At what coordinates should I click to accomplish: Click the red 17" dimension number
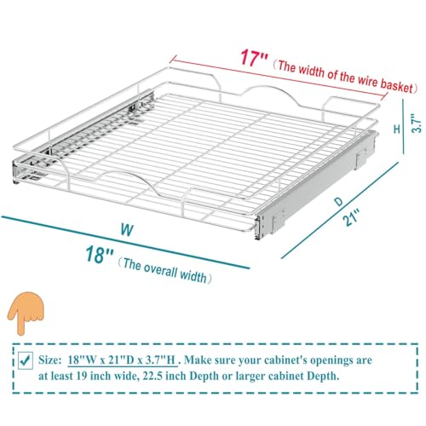coord(254,57)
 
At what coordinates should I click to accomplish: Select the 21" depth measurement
coord(351,217)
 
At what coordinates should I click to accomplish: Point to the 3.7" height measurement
coord(417,124)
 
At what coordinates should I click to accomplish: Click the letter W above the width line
coord(127,230)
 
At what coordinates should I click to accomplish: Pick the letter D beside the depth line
coord(338,201)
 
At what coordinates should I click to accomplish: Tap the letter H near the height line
coord(397,129)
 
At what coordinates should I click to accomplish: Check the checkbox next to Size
coord(26,360)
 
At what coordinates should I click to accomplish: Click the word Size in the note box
coord(49,360)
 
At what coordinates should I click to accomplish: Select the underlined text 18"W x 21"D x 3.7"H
coord(122,360)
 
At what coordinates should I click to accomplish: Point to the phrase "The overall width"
coord(165,271)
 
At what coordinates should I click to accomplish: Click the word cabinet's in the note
coord(285,360)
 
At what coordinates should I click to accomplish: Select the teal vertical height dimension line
coord(404,126)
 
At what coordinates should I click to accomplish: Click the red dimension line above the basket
coord(279,77)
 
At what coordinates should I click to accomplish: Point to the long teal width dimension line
coord(125,242)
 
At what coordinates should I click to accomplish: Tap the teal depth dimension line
coord(340,210)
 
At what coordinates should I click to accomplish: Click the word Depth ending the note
coord(323,376)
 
